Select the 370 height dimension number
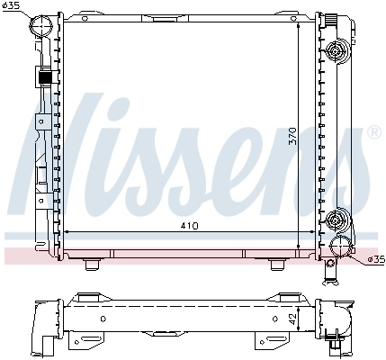[307, 135]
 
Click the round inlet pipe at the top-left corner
[40, 28]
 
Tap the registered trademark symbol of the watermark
[373, 133]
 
